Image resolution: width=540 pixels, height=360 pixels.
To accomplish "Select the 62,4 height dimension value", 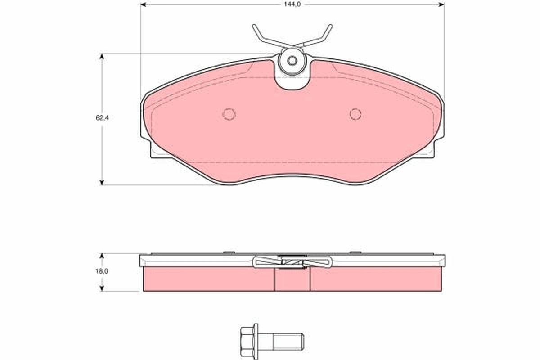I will [x=103, y=118].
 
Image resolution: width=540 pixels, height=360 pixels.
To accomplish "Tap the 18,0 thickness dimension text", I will [x=103, y=271].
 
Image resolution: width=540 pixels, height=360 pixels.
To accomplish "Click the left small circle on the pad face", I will [x=229, y=114].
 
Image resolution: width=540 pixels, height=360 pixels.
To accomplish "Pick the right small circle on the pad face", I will [x=355, y=114].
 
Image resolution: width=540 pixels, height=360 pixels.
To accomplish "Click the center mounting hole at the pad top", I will [x=292, y=61].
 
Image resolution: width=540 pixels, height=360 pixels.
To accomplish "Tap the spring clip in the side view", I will [x=292, y=261].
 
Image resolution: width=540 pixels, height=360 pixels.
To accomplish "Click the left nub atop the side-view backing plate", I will [x=229, y=252].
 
